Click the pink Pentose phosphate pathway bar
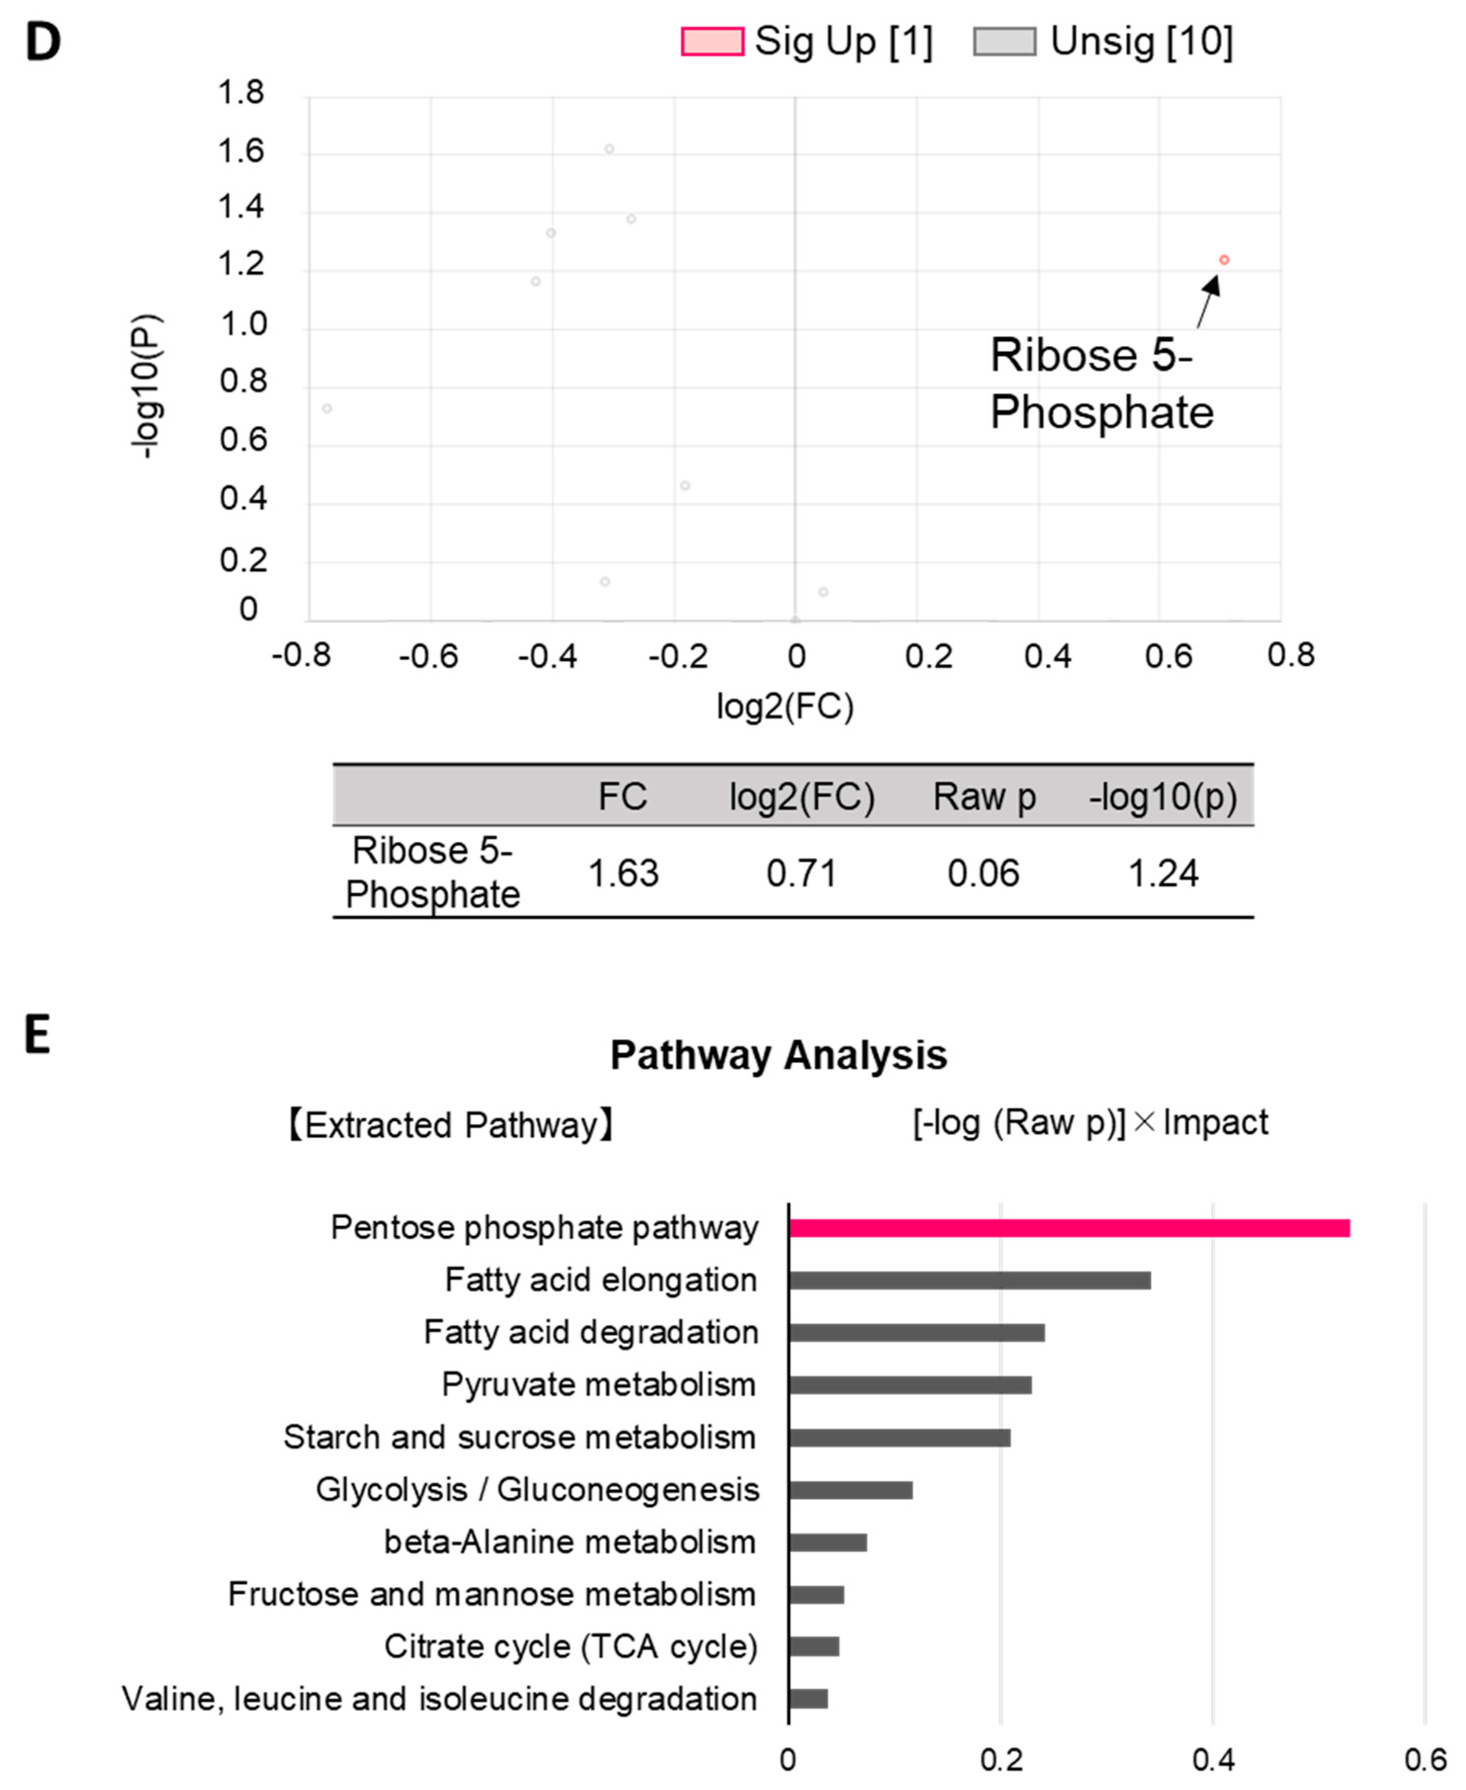tap(1068, 1228)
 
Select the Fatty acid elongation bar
tap(970, 1280)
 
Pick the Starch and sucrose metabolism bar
tap(899, 1438)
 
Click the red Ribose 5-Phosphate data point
tap(1223, 260)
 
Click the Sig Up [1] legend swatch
tap(712, 42)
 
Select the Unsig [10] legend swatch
tap(1004, 42)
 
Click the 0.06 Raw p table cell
tap(983, 873)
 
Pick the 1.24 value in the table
tap(1163, 873)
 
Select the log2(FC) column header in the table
tap(801, 797)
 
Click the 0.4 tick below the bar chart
tap(1214, 1760)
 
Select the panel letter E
tap(37, 1036)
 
